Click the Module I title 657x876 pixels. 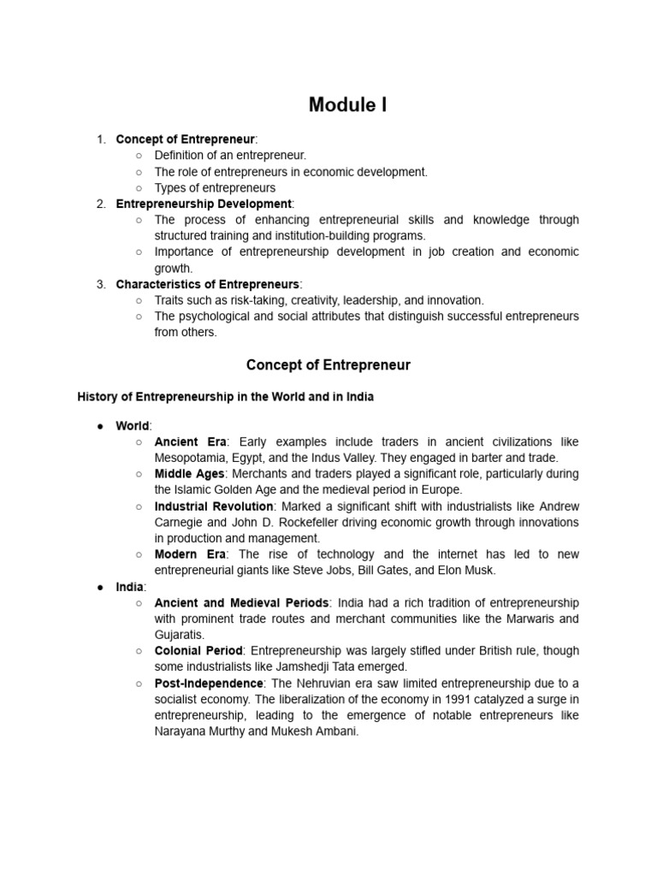(347, 105)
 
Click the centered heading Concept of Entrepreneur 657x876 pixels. (328, 365)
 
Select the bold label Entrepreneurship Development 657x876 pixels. (204, 204)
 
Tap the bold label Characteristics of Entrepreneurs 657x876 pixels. (208, 284)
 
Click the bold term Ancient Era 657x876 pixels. (190, 441)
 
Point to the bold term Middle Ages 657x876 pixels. (189, 474)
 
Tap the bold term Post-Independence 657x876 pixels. (209, 684)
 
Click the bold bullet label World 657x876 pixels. (133, 426)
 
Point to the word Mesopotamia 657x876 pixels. (193, 458)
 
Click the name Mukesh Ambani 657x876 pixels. (307, 732)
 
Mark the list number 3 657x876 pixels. (100, 284)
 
